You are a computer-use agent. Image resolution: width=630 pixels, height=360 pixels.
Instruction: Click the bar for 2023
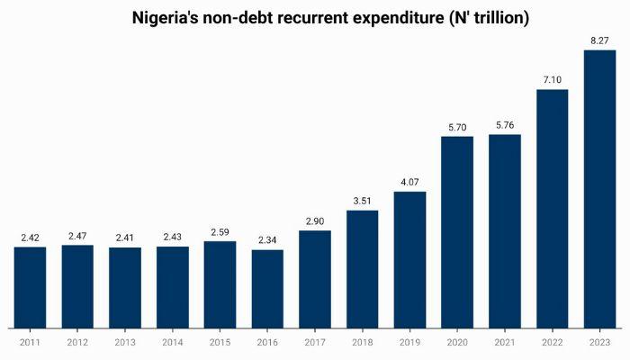coord(599,189)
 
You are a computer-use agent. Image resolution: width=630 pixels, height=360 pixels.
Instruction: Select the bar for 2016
coord(267,288)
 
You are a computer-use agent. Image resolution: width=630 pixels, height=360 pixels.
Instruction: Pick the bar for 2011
coord(30,287)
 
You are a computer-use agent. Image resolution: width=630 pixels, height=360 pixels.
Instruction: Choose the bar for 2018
coord(362,269)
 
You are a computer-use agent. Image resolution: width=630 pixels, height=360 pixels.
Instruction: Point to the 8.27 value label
coord(599,40)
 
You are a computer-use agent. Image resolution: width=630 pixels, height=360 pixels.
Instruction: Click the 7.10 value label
coord(553,80)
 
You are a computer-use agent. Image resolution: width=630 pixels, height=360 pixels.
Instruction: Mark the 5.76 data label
coord(505,125)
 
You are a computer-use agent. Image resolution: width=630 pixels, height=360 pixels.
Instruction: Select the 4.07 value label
coord(409,183)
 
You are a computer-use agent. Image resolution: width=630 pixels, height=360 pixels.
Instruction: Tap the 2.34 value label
coord(267,240)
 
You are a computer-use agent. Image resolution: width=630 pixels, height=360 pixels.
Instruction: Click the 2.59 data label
coord(220,232)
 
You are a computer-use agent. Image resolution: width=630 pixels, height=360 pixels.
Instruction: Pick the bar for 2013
coord(125,287)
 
